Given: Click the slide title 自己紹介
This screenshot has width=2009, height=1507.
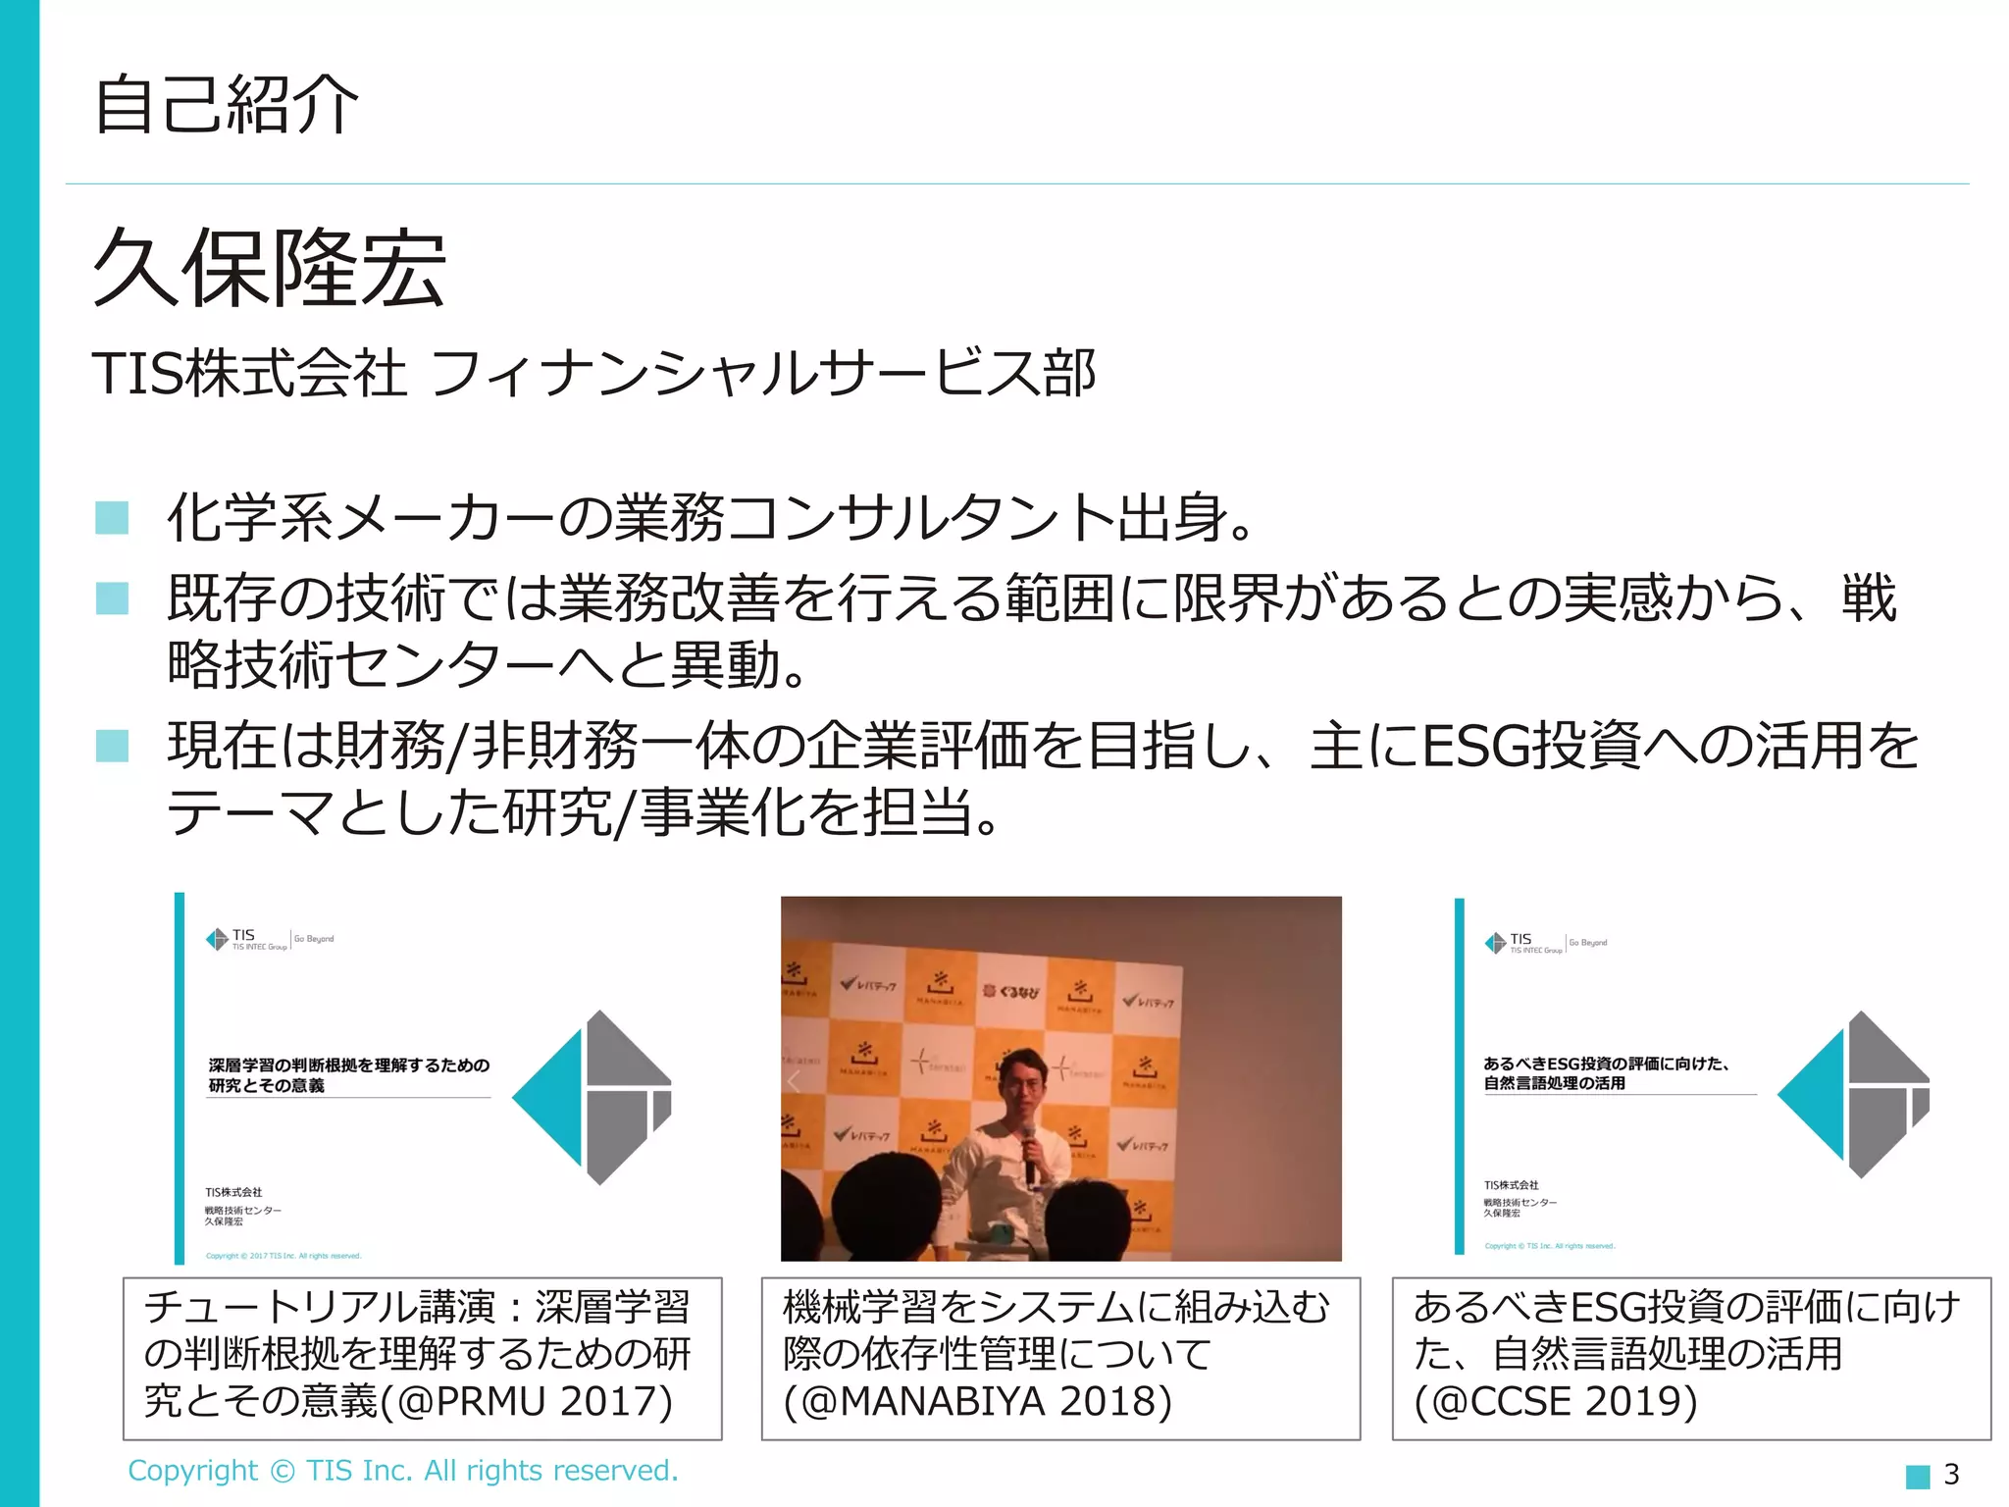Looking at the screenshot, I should click(x=226, y=104).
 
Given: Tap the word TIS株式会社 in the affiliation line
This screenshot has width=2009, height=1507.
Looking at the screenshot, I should click(x=249, y=374).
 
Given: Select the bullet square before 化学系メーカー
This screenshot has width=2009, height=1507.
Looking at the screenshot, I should click(x=112, y=517).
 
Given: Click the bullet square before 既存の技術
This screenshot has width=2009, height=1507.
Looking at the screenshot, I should click(x=112, y=598).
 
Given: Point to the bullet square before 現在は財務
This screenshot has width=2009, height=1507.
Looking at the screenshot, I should click(x=112, y=746).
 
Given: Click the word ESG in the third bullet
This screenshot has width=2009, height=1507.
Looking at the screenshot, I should click(x=1475, y=746).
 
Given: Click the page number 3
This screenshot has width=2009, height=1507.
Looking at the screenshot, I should click(x=1951, y=1474).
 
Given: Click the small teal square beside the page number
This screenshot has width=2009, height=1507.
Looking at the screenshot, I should click(x=1917, y=1476).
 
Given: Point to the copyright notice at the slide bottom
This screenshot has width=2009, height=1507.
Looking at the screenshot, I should click(x=402, y=1471).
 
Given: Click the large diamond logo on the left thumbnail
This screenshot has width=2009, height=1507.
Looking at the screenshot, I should click(x=592, y=1097).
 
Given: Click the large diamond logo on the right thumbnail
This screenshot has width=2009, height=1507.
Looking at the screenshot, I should click(x=1853, y=1094).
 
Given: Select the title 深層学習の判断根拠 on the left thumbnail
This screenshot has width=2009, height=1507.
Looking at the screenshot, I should click(x=348, y=1074).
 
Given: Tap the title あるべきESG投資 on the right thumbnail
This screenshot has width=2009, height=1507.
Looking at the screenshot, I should click(x=1605, y=1072).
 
